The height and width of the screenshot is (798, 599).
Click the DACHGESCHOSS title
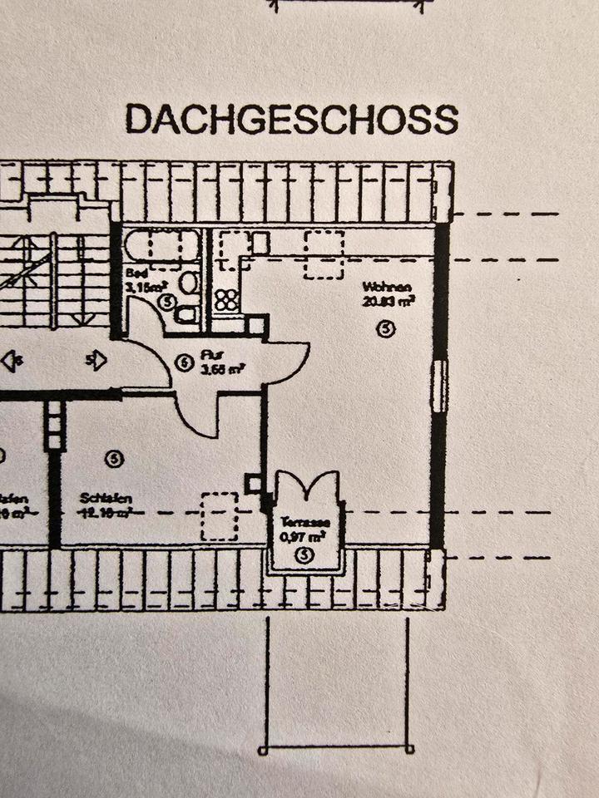point(291,119)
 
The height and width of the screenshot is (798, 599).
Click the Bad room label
point(132,273)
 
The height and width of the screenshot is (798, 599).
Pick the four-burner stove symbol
point(226,299)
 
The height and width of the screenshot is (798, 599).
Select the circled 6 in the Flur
point(186,362)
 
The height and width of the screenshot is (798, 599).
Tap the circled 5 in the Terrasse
point(304,554)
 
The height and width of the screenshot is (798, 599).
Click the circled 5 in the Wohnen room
point(384,329)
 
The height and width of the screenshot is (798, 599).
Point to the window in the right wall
point(441,387)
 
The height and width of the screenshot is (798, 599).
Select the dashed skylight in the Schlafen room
point(220,515)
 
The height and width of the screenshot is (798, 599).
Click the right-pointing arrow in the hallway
point(97,360)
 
